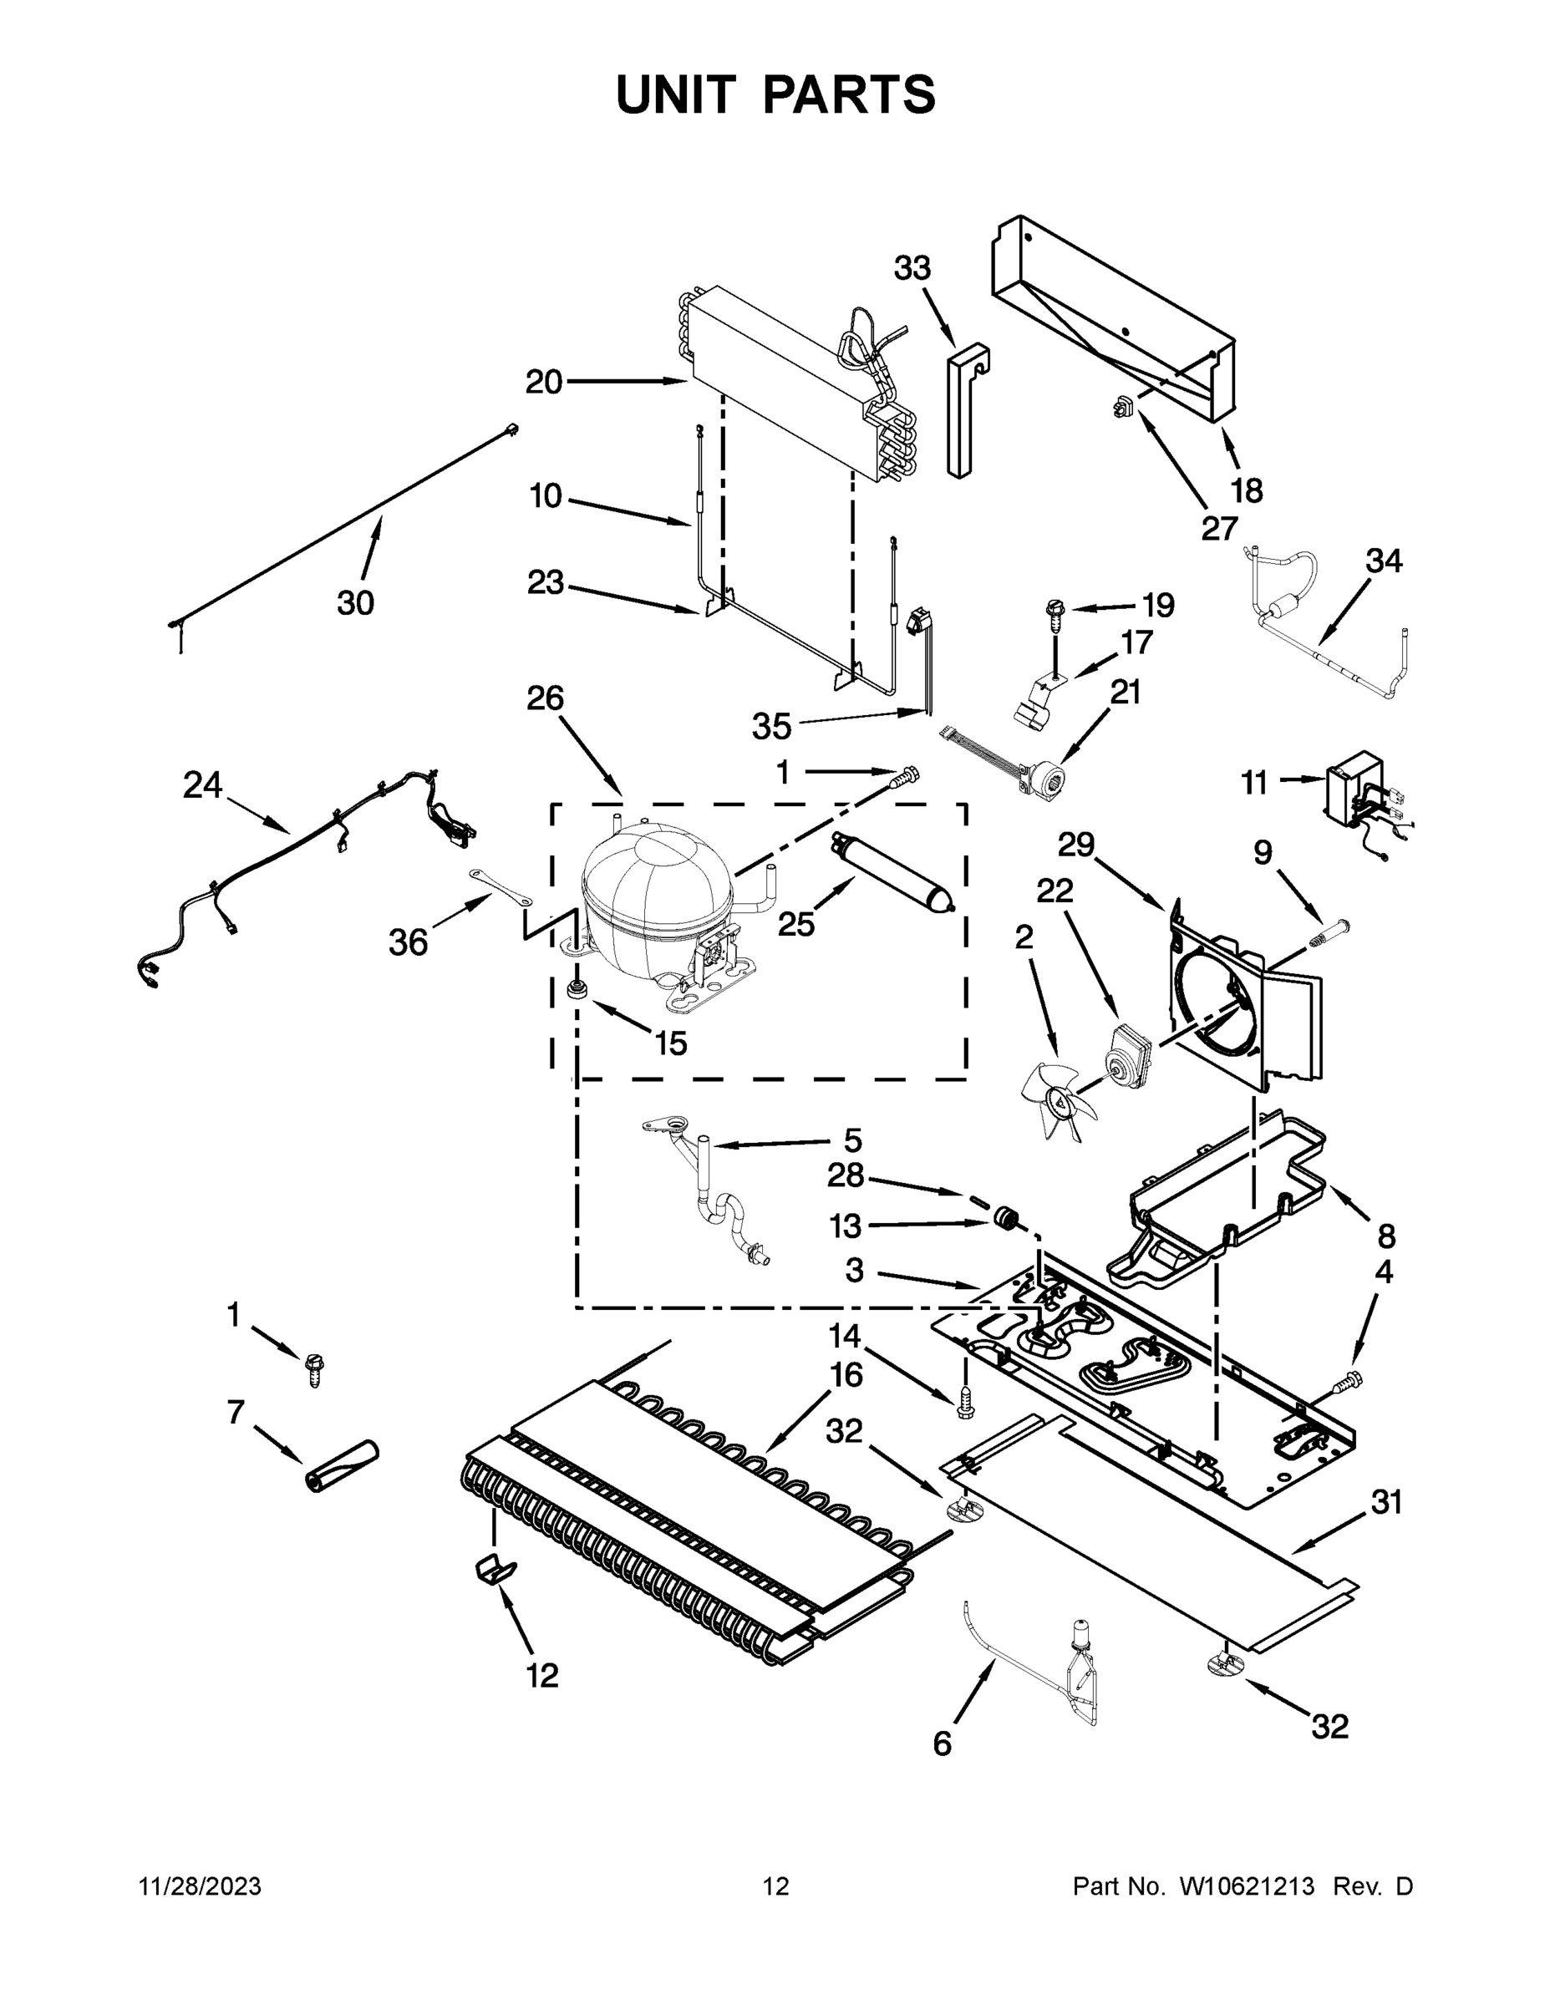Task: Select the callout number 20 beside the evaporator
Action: pyautogui.click(x=544, y=381)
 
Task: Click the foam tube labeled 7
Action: pyautogui.click(x=342, y=1468)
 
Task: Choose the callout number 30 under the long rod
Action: pyautogui.click(x=355, y=603)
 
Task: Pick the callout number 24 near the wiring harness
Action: pyautogui.click(x=202, y=785)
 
